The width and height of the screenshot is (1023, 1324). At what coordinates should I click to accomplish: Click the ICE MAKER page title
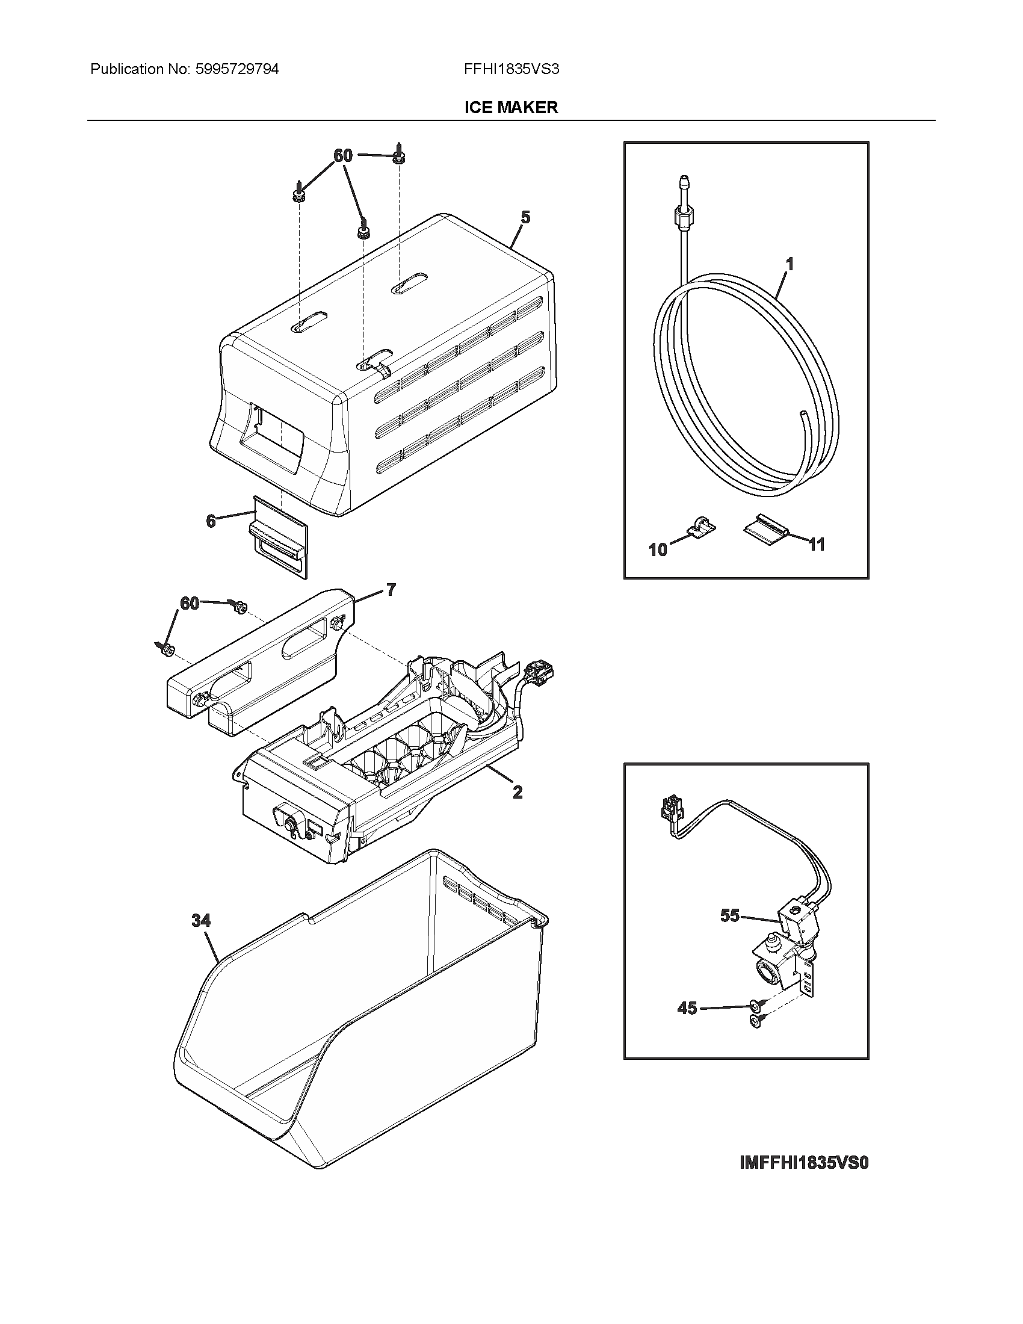pos(511,108)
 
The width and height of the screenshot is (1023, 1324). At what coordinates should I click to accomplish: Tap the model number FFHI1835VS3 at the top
pos(511,69)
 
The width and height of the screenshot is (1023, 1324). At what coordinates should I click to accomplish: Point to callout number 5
pos(525,217)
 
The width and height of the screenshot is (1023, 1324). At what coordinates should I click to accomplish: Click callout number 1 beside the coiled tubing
pos(790,264)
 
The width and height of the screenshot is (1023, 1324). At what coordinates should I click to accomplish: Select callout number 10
pos(658,549)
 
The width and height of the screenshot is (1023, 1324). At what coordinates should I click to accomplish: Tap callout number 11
pos(817,545)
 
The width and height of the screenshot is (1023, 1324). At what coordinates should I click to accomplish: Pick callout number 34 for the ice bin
pos(201,920)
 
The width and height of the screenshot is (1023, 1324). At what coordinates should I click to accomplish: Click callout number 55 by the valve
pos(730,915)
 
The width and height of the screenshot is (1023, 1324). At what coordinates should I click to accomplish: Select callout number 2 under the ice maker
pos(517,792)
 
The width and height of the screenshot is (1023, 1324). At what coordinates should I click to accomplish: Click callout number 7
pos(391,589)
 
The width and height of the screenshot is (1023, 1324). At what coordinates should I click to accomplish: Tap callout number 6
pos(210,520)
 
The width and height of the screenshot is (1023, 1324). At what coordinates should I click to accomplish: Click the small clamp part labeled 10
pos(702,525)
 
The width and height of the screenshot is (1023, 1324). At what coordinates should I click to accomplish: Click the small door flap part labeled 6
pos(279,535)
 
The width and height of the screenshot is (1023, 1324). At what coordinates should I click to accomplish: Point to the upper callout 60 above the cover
pos(343,156)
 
